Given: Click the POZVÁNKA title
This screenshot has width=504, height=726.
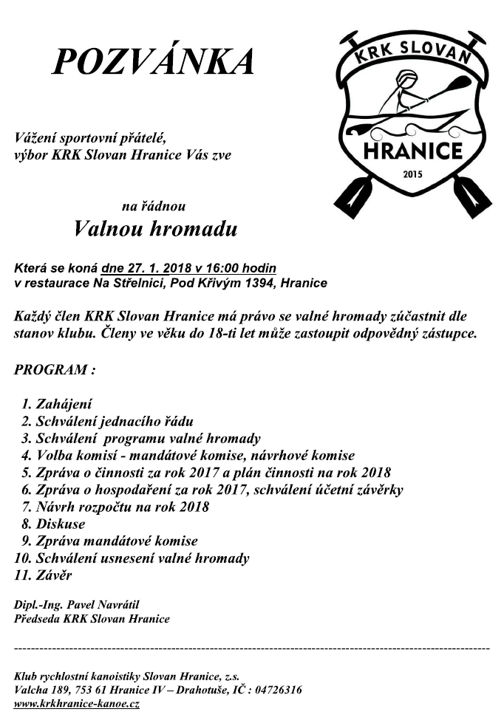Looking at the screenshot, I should point(152,62).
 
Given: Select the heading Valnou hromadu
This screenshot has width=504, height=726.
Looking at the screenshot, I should point(156,229).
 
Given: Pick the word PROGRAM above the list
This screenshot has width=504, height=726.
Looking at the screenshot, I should point(49,370).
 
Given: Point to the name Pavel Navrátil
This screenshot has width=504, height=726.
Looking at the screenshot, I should point(97,605).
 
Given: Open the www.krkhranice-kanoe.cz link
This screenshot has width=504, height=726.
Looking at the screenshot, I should point(77,704).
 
